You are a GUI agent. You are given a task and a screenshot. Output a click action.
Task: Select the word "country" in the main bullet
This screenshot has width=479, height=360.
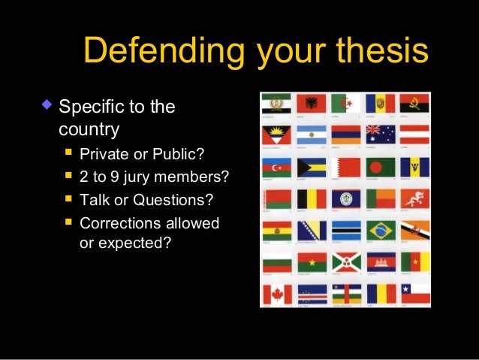89,129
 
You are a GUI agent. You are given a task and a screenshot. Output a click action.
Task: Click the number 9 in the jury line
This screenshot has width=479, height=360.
123,177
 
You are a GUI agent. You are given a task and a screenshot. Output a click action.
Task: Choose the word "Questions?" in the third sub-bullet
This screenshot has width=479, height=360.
177,200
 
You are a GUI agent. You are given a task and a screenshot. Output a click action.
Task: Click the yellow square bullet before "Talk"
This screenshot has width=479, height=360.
69,200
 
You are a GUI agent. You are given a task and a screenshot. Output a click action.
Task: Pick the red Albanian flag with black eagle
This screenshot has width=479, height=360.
309,103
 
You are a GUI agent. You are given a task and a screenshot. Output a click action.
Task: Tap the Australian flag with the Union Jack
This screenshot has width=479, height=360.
380,134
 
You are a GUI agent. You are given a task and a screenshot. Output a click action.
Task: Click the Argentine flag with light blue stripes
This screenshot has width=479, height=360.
310,135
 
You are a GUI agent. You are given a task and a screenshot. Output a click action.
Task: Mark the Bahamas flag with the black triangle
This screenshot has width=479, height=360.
311,166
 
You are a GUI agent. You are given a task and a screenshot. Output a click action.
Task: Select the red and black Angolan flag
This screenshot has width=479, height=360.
414,103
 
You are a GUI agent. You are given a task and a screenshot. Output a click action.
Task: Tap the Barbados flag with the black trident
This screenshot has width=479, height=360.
414,166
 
